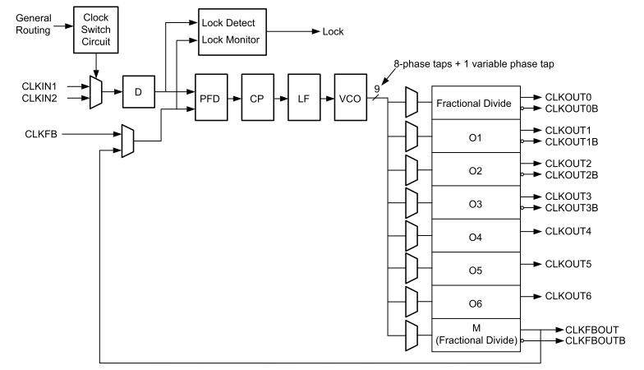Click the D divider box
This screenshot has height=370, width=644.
click(x=138, y=91)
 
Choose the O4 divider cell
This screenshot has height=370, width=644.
click(x=476, y=237)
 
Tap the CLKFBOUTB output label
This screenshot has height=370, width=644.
click(x=596, y=340)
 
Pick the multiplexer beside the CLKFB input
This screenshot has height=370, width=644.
click(x=127, y=140)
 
